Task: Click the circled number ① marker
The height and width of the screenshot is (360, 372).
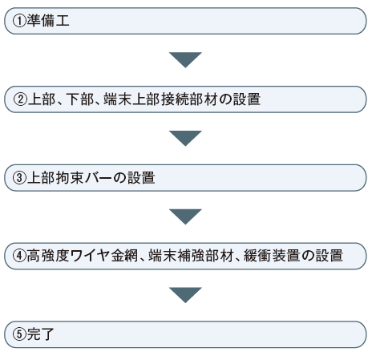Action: [x=19, y=21]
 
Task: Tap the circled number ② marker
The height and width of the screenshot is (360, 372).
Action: [x=20, y=99]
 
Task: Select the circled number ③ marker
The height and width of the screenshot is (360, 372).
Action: [x=20, y=178]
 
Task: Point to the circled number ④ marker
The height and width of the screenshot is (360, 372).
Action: [x=20, y=256]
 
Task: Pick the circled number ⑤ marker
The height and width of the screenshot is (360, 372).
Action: [x=20, y=334]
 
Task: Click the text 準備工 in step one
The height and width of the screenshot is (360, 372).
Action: [x=48, y=21]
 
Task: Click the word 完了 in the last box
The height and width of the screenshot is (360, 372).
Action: [x=41, y=334]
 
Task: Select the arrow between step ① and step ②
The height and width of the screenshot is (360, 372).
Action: [x=185, y=59]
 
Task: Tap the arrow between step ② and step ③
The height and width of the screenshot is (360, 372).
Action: [x=185, y=138]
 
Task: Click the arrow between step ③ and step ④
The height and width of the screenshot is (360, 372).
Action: [x=185, y=216]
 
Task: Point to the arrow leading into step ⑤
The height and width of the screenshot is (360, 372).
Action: [x=185, y=295]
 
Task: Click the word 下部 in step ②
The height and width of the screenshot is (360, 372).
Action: [x=80, y=99]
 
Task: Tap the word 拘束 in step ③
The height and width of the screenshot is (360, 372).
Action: [x=70, y=178]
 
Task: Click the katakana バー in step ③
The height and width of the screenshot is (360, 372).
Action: [x=98, y=178]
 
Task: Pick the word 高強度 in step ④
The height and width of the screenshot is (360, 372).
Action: [x=48, y=256]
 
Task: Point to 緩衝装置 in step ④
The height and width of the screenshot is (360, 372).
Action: [x=271, y=256]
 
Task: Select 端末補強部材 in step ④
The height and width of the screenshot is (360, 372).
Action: [x=191, y=256]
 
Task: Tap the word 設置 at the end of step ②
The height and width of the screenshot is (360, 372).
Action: [x=247, y=99]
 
